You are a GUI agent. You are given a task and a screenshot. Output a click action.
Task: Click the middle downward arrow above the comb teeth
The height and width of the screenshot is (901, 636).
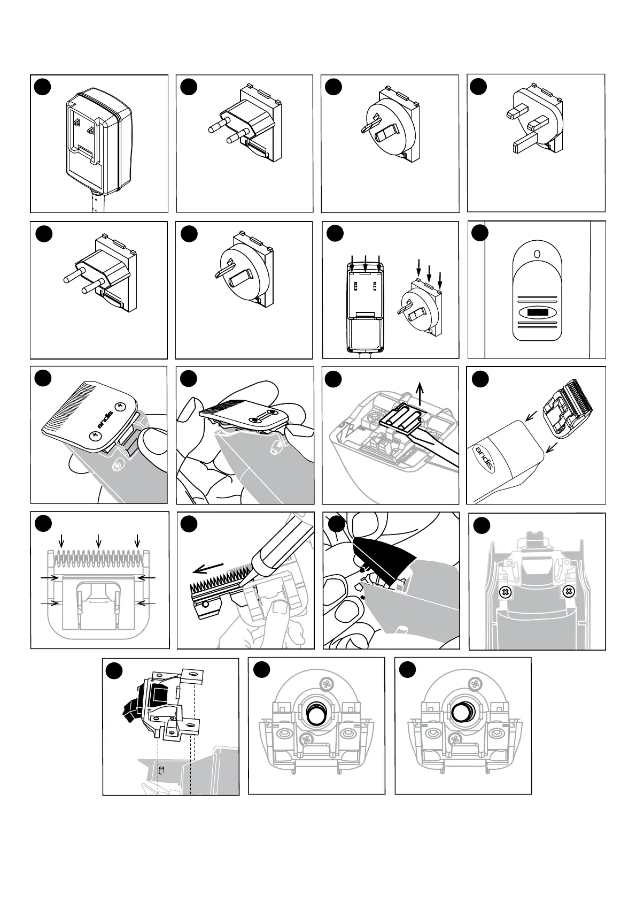98,541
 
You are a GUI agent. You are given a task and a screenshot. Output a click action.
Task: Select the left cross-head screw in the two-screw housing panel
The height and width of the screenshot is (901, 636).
503,592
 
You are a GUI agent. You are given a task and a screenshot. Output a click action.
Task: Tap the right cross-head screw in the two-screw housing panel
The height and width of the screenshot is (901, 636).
569,592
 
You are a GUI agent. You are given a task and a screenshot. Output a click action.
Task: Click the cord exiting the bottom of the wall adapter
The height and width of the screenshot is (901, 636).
94,203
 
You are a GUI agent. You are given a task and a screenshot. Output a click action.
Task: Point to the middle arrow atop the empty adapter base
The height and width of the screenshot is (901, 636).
365,263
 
